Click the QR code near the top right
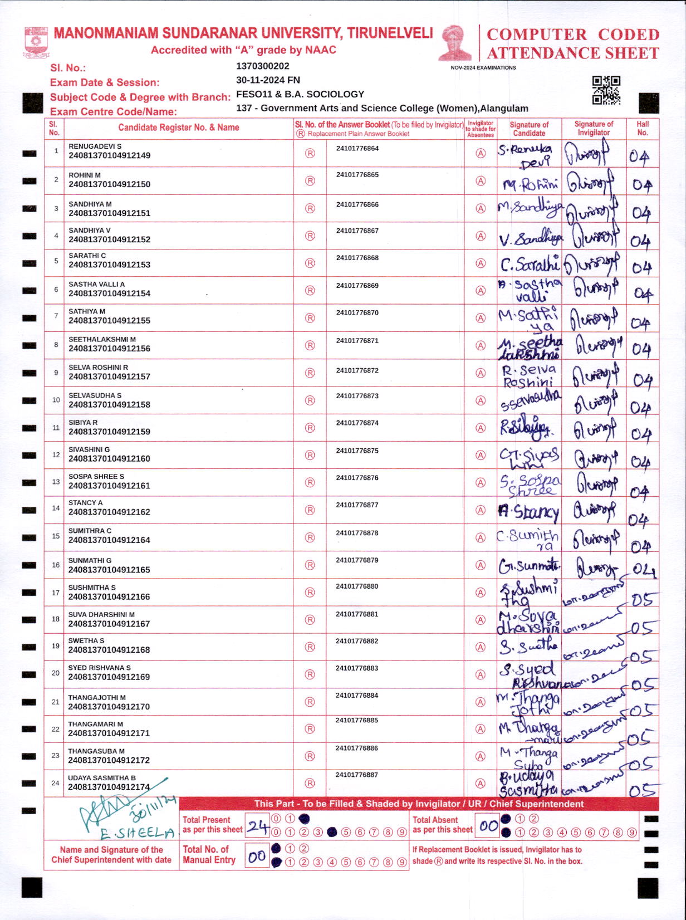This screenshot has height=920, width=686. click(606, 90)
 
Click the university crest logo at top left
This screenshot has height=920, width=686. click(36, 42)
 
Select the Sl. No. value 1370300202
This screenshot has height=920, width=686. click(262, 66)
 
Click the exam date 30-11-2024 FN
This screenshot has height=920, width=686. click(268, 80)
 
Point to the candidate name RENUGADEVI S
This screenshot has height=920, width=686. click(95, 146)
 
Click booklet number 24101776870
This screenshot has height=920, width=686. click(357, 313)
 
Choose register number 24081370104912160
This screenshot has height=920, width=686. click(109, 459)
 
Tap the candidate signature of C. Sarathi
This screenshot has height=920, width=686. click(529, 263)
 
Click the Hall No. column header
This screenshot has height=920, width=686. click(643, 129)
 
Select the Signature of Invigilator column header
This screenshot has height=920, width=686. click(594, 129)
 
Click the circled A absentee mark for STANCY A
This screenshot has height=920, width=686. click(481, 510)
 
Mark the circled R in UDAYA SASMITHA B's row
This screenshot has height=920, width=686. click(310, 783)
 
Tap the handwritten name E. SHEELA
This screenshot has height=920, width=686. click(138, 833)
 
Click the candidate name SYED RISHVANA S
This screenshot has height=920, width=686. click(99, 668)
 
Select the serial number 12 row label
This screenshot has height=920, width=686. click(56, 455)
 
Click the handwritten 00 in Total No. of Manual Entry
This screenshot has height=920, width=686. click(257, 857)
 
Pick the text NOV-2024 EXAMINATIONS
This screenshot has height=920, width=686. click(483, 68)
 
